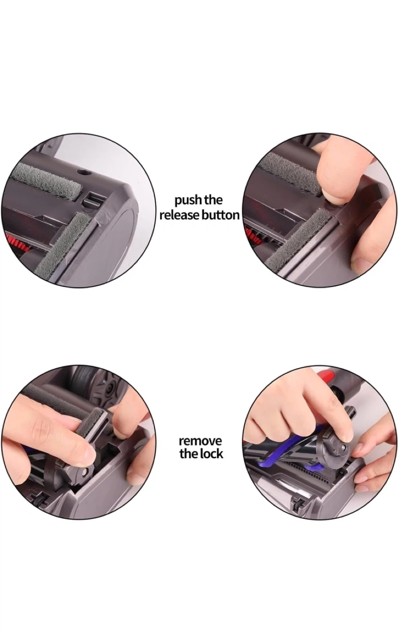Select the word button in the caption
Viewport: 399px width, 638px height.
220,215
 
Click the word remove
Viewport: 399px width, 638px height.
200,441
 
